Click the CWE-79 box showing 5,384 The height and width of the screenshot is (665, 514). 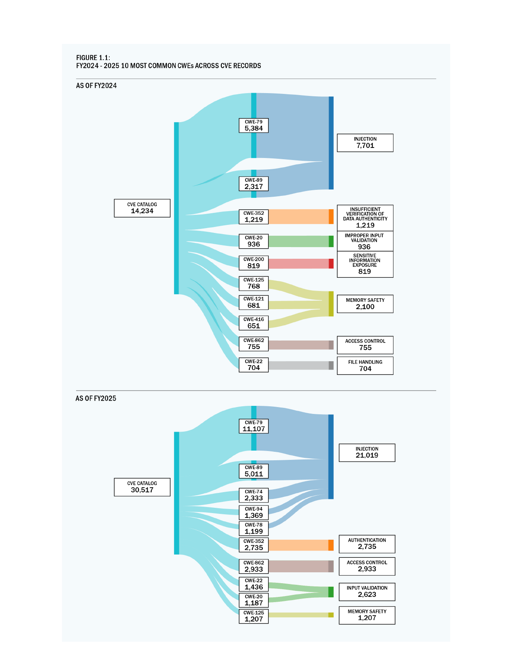(x=254, y=125)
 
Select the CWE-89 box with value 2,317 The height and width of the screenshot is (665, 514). (x=254, y=184)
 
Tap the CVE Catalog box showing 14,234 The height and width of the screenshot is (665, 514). (x=142, y=208)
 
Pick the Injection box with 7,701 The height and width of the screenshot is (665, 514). (x=365, y=143)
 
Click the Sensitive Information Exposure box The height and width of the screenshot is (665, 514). (x=365, y=264)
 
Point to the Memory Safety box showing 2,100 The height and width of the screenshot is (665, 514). (x=365, y=303)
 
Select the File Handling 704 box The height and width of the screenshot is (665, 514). (x=365, y=366)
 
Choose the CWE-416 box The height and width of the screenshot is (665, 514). (x=254, y=323)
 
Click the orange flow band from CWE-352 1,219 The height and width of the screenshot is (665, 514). (x=298, y=217)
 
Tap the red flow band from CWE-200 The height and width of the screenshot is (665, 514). (x=298, y=264)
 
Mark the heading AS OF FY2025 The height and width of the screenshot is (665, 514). (x=96, y=398)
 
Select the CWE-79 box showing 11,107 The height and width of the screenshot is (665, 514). (x=254, y=426)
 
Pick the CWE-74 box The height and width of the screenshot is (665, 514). (x=254, y=495)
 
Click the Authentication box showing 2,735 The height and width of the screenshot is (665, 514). (x=367, y=544)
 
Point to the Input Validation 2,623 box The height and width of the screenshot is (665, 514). (x=367, y=592)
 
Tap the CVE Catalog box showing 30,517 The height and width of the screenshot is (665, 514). (x=142, y=487)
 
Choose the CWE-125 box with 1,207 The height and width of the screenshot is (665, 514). (x=254, y=616)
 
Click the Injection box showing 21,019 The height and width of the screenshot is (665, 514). (x=367, y=453)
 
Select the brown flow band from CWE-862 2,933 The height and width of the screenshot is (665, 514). (x=298, y=566)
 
